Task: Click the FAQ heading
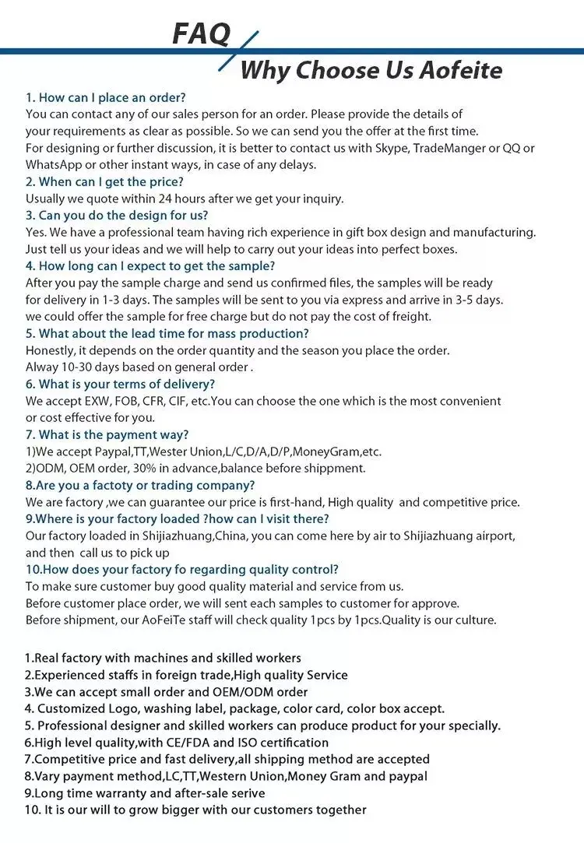(x=201, y=33)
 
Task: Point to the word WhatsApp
(x=55, y=164)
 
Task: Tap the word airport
(x=495, y=536)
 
